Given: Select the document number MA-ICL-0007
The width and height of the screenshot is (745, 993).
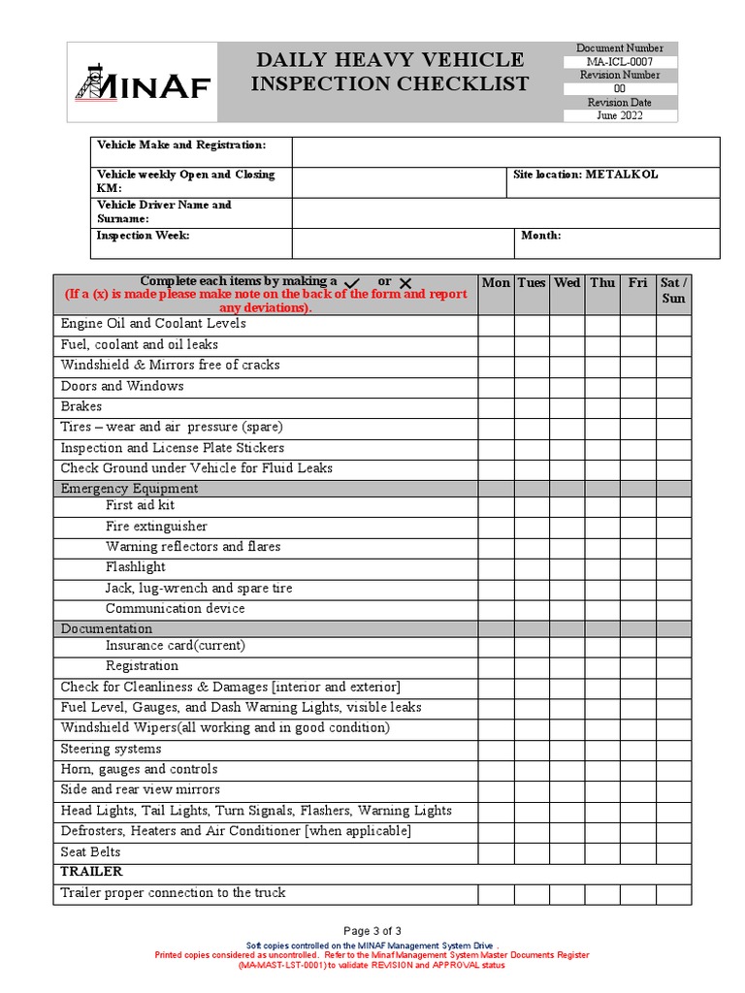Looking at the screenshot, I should [620, 62].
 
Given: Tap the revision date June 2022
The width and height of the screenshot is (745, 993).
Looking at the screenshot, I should [620, 115].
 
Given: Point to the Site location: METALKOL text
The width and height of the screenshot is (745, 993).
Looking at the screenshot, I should [585, 175].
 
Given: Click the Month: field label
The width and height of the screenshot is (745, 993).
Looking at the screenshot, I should [540, 236].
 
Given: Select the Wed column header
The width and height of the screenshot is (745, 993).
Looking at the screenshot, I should [567, 283].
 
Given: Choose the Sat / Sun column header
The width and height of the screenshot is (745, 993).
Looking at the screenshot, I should [673, 290].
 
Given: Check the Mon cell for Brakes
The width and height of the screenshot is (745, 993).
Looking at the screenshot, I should [495, 407].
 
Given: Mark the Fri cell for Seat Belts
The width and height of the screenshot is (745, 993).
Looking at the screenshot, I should [637, 853].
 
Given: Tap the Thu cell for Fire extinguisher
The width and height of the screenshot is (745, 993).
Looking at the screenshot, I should [602, 527].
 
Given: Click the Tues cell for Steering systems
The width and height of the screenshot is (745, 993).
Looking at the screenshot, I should [531, 750].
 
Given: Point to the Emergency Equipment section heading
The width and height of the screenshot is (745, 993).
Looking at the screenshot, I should [129, 489].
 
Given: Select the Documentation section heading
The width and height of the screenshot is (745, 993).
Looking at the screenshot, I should [108, 628].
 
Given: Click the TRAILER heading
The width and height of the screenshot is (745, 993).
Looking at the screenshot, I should [91, 873].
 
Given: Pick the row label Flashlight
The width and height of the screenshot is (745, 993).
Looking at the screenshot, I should [136, 567].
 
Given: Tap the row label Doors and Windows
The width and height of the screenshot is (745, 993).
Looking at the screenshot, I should [122, 386].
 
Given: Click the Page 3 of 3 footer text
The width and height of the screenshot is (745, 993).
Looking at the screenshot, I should [372, 930].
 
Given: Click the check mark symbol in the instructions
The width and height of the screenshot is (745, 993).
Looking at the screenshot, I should [352, 282].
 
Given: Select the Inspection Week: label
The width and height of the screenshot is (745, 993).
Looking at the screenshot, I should [143, 236].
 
